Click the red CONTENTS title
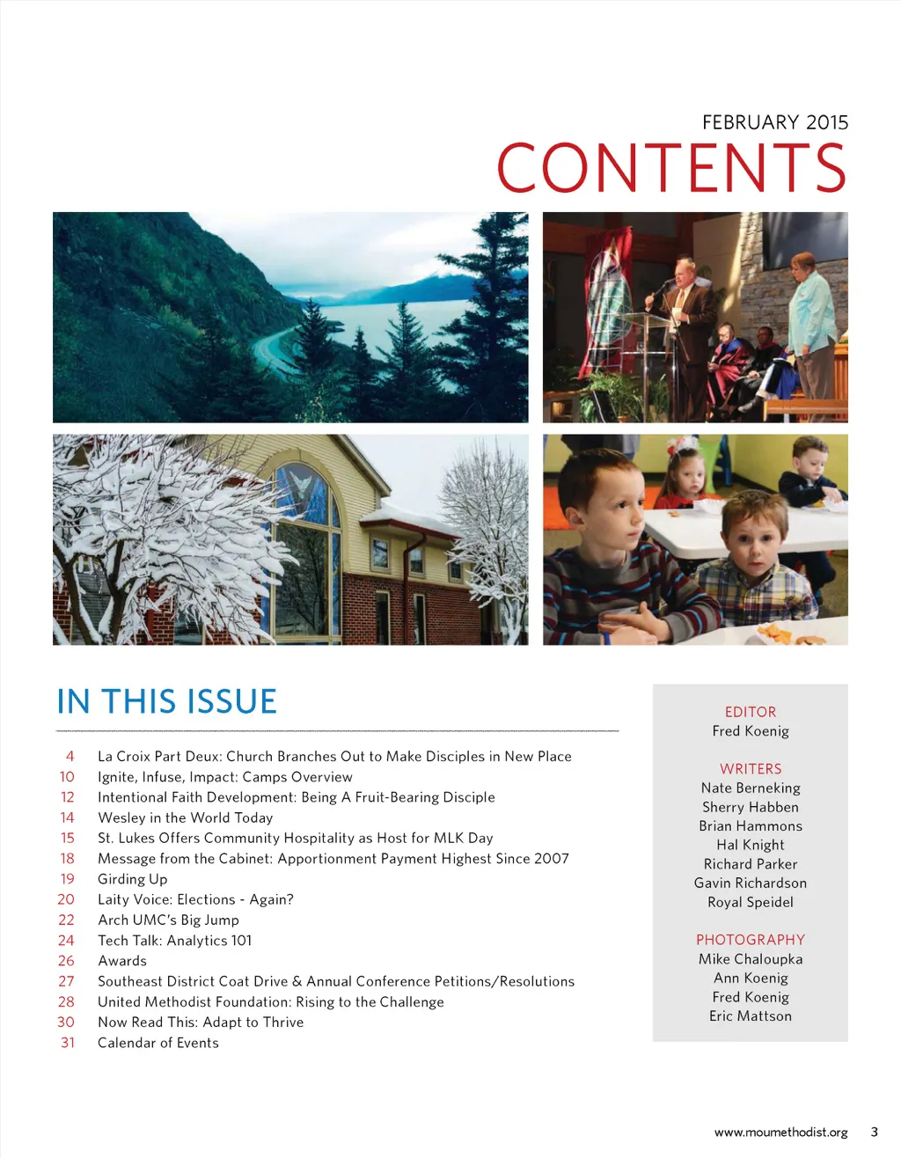pyautogui.click(x=671, y=168)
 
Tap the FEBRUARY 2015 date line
pyautogui.click(x=774, y=122)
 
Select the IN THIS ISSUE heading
pyautogui.click(x=166, y=701)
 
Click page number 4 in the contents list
pyautogui.click(x=70, y=756)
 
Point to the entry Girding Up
pyautogui.click(x=132, y=879)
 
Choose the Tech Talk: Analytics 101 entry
pyautogui.click(x=174, y=941)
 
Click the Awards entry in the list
pyautogui.click(x=122, y=961)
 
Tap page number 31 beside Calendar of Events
pyautogui.click(x=68, y=1043)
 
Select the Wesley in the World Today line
pyautogui.click(x=185, y=817)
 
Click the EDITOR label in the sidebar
pyautogui.click(x=750, y=712)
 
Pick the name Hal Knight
pyautogui.click(x=750, y=845)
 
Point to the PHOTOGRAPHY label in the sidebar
pyautogui.click(x=750, y=940)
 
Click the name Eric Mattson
pyautogui.click(x=750, y=1016)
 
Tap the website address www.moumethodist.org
pyautogui.click(x=780, y=1132)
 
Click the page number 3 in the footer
pyautogui.click(x=874, y=1132)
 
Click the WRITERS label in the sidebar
pyautogui.click(x=750, y=769)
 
